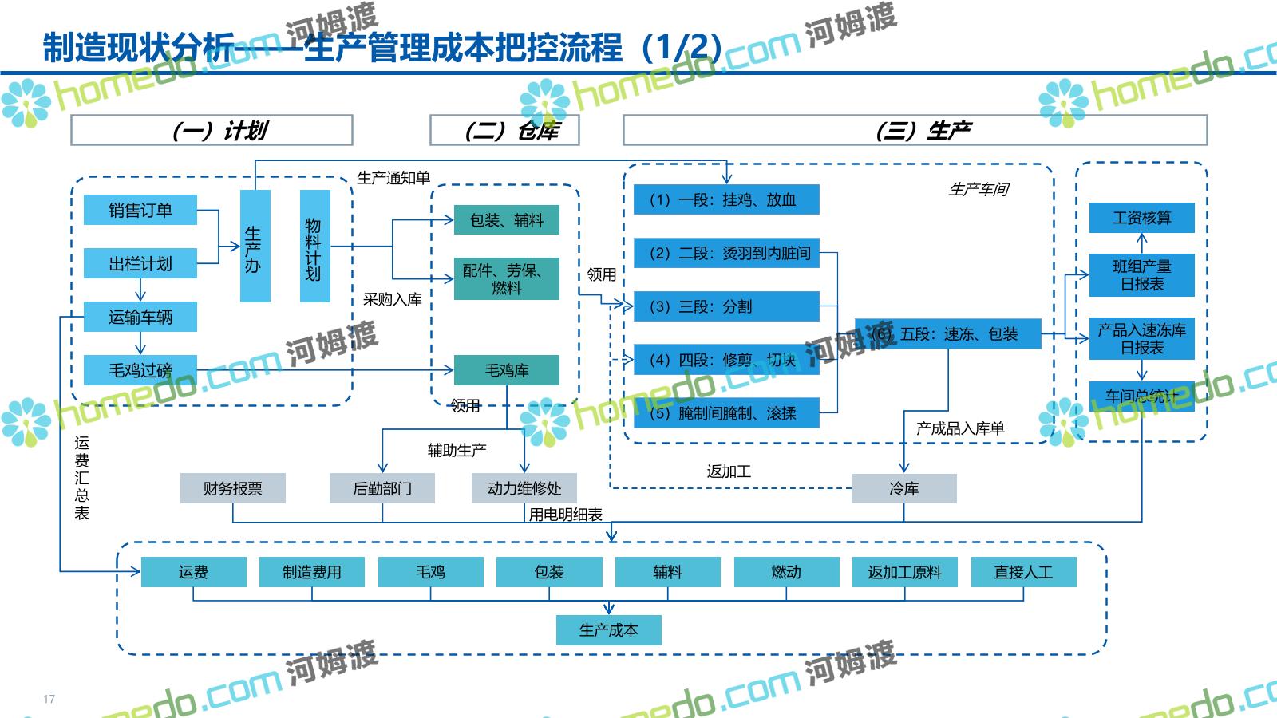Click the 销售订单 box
pos(140,211)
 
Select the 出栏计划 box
pos(140,264)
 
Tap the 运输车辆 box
pos(140,318)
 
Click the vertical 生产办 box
pos(255,247)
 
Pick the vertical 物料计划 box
pos(314,247)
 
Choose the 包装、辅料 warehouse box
pos(506,220)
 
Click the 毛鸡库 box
pos(506,370)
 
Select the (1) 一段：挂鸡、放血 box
pos(726,199)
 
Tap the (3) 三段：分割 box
pos(726,306)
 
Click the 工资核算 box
pos(1141,218)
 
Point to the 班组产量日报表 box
pos(1141,275)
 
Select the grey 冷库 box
pos(903,488)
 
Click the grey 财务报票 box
pos(232,488)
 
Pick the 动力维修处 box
pos(524,488)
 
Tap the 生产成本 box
pos(608,630)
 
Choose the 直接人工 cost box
pos(1023,572)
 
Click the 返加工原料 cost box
pos(904,572)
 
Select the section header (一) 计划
pos(212,131)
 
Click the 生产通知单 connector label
pos(393,178)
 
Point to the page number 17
pos(49,700)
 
